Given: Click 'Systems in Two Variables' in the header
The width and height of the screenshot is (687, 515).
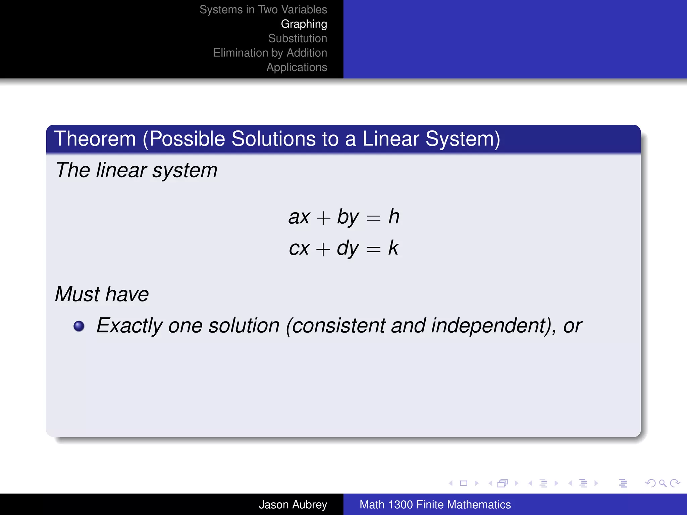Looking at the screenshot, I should [x=263, y=9].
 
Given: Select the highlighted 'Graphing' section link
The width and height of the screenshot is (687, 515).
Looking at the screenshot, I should [x=304, y=24].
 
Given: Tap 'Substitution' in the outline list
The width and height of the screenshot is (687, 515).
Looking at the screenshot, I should [x=297, y=39].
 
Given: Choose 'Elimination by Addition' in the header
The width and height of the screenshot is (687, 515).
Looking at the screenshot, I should [x=270, y=53].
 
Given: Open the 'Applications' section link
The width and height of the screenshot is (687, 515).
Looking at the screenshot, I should [x=297, y=67].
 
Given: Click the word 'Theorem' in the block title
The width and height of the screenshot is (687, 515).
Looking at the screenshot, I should [x=95, y=139].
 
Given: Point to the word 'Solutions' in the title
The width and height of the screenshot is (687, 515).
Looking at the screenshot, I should [x=273, y=139].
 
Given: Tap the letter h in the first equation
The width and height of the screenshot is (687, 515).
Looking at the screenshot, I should [x=394, y=217].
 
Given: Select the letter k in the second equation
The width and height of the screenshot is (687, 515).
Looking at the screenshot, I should [x=393, y=248].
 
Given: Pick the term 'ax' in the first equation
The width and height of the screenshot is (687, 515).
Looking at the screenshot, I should [x=299, y=217].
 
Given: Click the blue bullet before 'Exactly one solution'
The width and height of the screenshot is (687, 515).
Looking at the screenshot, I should [x=79, y=326].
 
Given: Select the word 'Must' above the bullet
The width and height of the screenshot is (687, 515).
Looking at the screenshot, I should [x=77, y=294].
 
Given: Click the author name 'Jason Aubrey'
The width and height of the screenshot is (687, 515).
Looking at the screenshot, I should [x=293, y=505].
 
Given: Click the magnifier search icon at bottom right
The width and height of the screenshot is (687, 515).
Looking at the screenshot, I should [x=662, y=483].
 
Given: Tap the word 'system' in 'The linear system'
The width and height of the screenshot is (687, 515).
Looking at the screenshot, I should [x=185, y=171].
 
